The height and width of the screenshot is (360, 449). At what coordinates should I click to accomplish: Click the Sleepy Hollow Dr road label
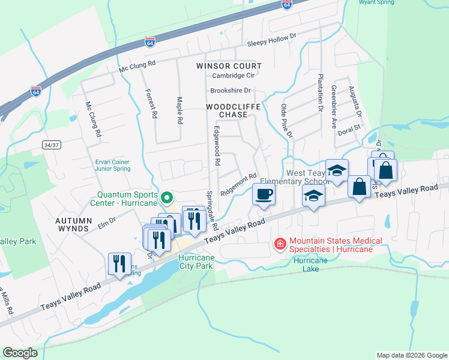[273, 40]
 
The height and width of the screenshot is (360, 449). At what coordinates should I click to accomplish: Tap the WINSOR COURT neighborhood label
[229, 65]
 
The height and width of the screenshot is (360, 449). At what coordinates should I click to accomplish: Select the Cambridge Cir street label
[234, 76]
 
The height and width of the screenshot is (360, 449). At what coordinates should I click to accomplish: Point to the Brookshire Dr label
[230, 91]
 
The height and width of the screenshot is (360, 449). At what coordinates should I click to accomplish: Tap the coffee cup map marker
[264, 194]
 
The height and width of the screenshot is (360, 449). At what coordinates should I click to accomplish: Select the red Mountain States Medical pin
[279, 244]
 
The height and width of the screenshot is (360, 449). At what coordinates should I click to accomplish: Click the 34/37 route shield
[52, 145]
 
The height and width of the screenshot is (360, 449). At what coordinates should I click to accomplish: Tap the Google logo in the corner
[20, 353]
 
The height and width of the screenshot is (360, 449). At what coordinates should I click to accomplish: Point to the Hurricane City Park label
[196, 261]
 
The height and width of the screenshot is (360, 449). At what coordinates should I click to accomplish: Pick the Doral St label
[348, 128]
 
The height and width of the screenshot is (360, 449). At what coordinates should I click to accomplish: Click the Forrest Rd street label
[151, 103]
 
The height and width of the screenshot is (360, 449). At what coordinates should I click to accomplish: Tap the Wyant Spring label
[376, 2]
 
